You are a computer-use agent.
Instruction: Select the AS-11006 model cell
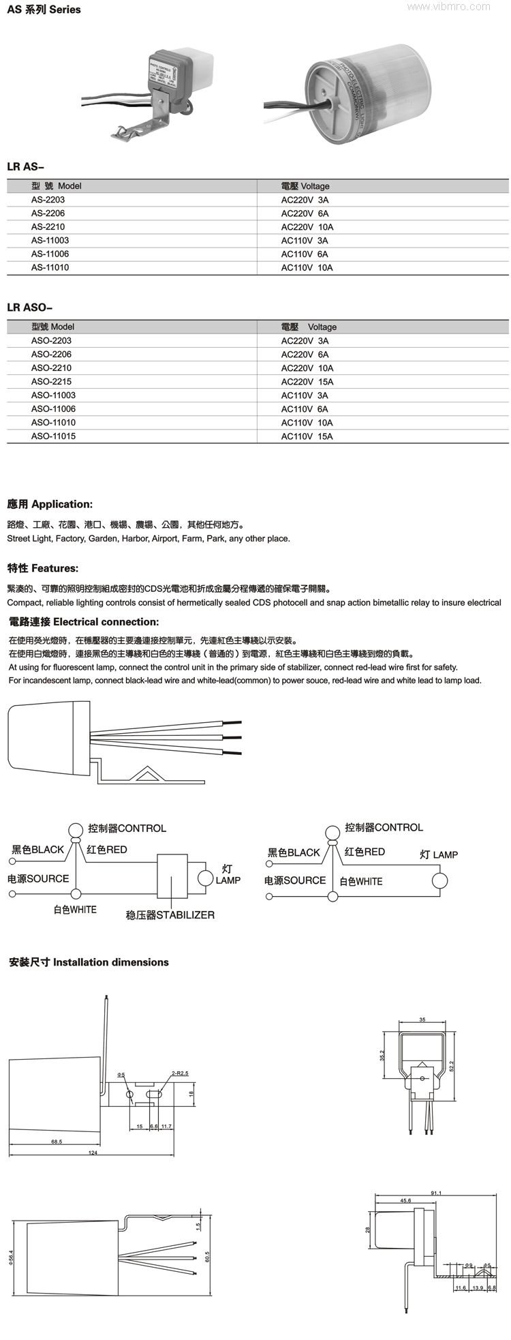click(50, 254)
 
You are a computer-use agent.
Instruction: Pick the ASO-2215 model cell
click(51, 381)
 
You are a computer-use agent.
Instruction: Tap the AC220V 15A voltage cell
click(307, 381)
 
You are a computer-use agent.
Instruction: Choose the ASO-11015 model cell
click(53, 436)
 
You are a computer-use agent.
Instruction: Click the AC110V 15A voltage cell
click(307, 436)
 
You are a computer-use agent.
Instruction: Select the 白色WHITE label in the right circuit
click(361, 881)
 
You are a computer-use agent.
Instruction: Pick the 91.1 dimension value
click(437, 1193)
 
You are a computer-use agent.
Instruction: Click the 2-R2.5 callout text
click(180, 1073)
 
